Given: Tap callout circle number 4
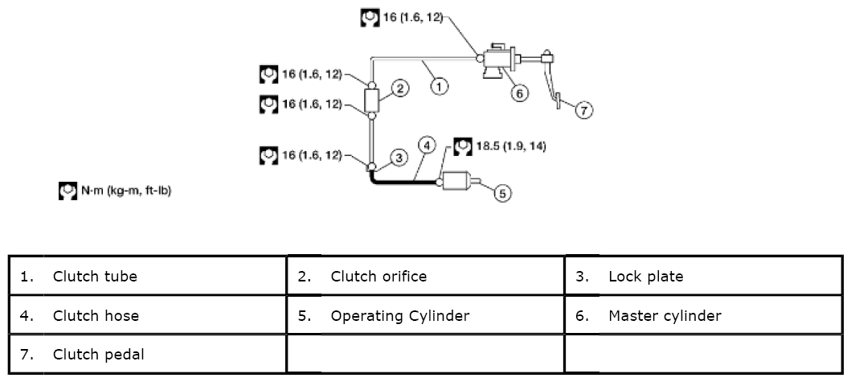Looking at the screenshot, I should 428,145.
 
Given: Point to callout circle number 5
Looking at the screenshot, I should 501,193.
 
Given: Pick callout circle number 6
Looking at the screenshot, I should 519,93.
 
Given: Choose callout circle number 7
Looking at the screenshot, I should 584,111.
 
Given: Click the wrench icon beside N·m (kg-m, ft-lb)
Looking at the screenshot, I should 68,192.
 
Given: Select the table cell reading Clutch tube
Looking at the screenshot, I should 148,277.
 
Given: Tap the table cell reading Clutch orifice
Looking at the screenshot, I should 425,277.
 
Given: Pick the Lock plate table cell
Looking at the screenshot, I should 703,277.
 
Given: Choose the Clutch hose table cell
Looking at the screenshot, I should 148,315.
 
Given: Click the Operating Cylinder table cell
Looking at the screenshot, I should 425,315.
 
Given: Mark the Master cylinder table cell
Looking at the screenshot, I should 703,315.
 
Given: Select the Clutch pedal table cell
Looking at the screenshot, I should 148,354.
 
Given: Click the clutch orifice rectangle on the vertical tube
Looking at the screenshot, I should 372,101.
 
